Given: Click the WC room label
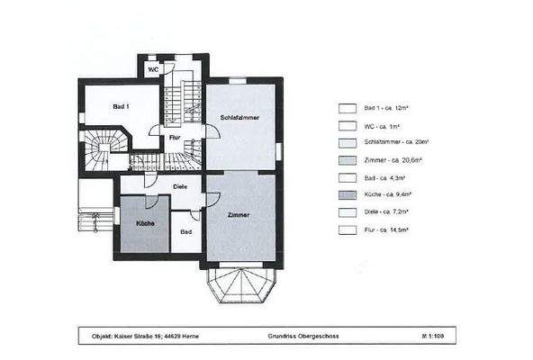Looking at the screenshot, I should [x=154, y=69].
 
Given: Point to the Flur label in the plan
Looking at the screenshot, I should [x=175, y=138].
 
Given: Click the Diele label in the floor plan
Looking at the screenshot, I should [x=180, y=187].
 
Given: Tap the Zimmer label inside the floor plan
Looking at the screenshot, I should [x=238, y=216].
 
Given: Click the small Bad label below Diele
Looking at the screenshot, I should [x=185, y=232].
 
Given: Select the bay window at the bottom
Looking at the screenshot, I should [x=239, y=285].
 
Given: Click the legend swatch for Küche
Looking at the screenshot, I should [x=346, y=195].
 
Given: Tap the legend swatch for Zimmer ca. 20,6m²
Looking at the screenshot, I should [x=346, y=160].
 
